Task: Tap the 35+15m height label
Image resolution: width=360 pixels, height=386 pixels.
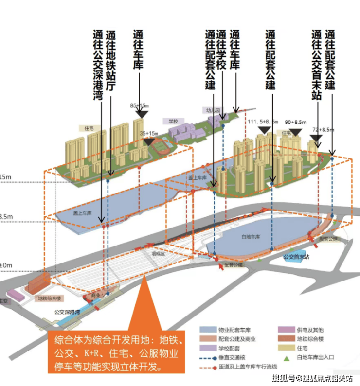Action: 149,133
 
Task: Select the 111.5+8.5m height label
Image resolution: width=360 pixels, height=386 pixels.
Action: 263,122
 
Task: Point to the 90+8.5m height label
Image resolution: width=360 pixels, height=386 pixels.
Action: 296,122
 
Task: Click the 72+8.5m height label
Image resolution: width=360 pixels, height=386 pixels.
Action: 324,130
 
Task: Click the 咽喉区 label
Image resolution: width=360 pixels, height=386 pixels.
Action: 158,253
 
